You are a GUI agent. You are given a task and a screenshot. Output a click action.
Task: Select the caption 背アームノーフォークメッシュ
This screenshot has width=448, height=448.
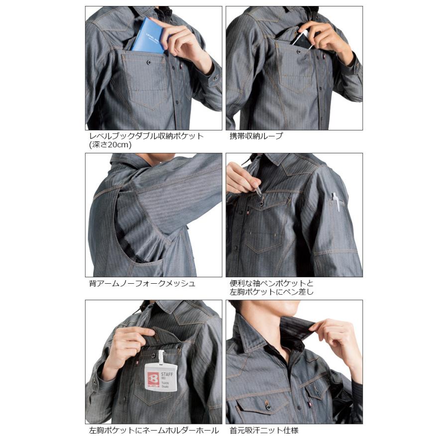tap(142, 284)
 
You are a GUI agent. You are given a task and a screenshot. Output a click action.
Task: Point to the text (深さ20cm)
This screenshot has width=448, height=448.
tap(110, 145)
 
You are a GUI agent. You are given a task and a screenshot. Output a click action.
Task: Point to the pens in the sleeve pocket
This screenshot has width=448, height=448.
tap(337, 202)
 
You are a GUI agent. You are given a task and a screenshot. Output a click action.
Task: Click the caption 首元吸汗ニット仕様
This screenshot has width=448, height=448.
tap(264, 431)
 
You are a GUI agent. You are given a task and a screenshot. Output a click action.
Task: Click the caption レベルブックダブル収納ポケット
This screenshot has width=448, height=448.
tap(146, 136)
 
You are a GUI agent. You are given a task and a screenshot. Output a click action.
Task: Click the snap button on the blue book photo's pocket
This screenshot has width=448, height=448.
tap(149, 63)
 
